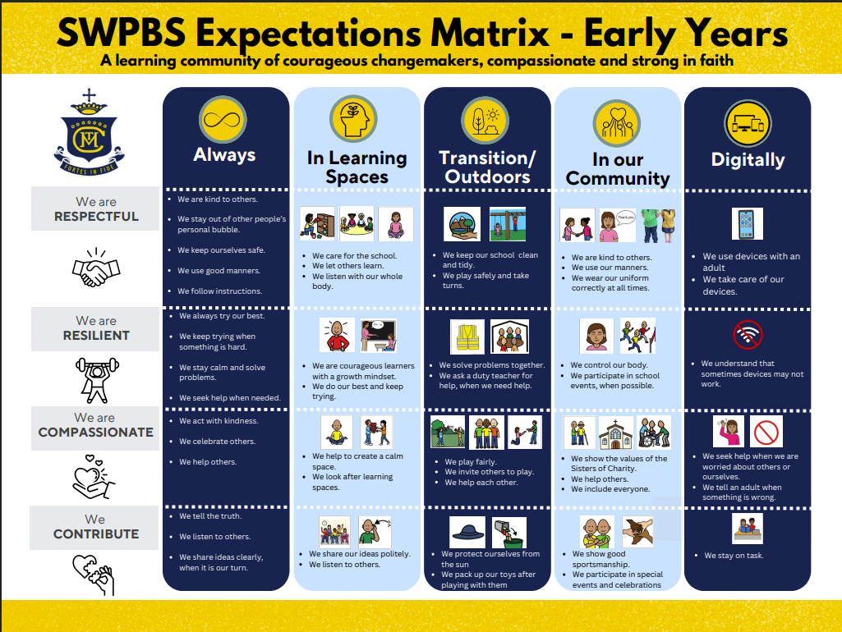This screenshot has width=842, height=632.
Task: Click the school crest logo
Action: pos(90,132)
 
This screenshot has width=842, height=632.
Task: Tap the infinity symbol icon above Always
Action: pos(223,120)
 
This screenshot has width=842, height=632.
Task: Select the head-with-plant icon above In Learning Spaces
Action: pos(354,119)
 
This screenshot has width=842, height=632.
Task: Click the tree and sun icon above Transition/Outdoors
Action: pos(485,121)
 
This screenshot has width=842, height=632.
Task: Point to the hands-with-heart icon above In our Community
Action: pos(616,123)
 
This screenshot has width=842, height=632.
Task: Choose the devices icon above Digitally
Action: pos(748,123)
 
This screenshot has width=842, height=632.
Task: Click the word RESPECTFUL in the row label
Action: pos(96,216)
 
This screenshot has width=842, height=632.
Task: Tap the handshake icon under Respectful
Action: pos(96,268)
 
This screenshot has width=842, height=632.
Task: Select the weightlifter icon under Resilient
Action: pos(97,380)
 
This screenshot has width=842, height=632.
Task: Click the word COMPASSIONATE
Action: pos(95,432)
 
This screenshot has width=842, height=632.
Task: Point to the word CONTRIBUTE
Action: pos(95,534)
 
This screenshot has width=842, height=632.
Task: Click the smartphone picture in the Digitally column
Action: pos(747,224)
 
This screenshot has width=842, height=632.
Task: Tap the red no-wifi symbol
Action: pos(748,334)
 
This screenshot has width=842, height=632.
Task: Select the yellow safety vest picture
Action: pos(467,337)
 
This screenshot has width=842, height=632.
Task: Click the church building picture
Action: pos(616,433)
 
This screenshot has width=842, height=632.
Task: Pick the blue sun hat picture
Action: pos(467,532)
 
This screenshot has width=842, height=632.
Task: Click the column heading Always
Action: pos(224,154)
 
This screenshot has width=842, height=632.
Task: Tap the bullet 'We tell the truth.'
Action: pos(210,516)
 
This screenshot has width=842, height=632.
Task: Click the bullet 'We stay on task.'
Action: pos(734,556)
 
